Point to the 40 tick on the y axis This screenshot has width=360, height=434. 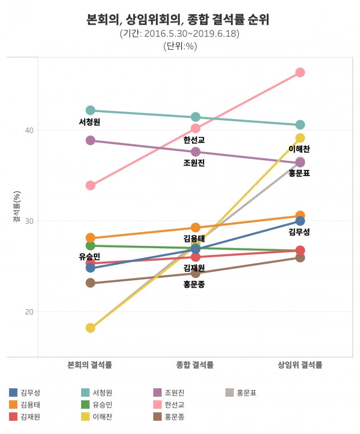28,130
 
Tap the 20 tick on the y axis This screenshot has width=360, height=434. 28,312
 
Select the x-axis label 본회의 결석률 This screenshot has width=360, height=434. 90,365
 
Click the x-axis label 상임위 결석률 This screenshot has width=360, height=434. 300,365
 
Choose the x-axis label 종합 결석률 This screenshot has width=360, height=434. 195,365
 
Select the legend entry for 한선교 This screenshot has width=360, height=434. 174,404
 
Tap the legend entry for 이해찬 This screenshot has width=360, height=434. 102,416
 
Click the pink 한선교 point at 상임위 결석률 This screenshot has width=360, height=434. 300,73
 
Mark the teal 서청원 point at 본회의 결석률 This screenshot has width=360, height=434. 90,110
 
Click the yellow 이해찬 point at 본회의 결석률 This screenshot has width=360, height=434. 90,328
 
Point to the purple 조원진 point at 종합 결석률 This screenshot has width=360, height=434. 195,152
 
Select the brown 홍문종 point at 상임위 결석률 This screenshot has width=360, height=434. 300,257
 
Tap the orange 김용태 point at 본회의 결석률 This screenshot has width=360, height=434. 90,238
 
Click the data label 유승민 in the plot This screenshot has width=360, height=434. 90,256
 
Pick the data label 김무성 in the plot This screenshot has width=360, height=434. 299,232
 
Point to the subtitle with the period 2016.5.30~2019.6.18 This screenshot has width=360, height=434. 179,34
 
